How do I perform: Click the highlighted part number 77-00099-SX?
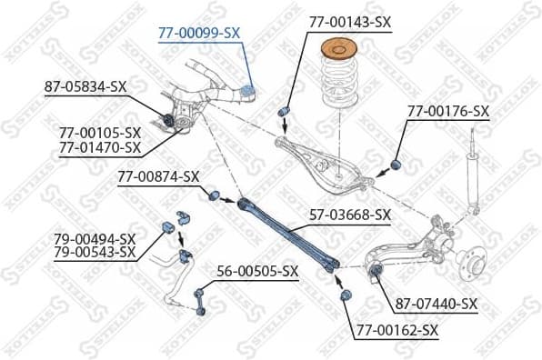click(x=198, y=32)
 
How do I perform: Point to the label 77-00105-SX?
click(x=100, y=133)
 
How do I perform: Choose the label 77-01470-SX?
click(x=100, y=146)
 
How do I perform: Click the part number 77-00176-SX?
click(x=447, y=111)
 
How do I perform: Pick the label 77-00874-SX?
click(x=157, y=175)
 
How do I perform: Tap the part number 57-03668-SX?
click(x=349, y=215)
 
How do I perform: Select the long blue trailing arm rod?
click(x=288, y=235)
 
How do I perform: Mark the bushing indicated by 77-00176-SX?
click(x=396, y=164)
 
